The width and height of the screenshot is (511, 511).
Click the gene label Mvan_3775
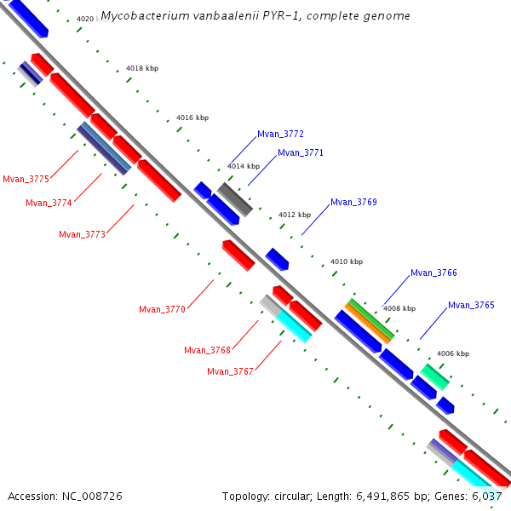tap(26, 179)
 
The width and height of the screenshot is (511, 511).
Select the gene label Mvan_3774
tap(49, 203)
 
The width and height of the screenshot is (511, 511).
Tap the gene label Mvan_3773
tap(82, 234)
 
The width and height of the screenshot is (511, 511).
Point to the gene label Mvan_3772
tap(280, 135)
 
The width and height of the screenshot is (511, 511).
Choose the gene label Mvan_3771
tap(301, 153)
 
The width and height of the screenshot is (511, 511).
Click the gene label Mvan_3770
tap(162, 309)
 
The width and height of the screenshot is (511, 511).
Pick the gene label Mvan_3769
tap(353, 203)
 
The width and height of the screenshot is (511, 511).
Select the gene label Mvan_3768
tap(207, 350)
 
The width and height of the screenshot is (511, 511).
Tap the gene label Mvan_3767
tap(230, 371)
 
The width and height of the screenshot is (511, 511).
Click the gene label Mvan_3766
tap(433, 273)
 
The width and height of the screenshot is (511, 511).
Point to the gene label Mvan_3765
tap(471, 305)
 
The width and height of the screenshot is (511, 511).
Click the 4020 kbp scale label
tap(90, 19)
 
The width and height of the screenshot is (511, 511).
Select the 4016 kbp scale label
tap(192, 118)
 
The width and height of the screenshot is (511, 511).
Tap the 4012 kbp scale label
tap(295, 215)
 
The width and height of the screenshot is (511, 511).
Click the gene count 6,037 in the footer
tap(485, 496)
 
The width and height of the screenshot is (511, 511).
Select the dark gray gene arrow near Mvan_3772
tap(235, 199)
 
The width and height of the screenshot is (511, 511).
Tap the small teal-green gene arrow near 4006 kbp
tap(434, 376)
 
